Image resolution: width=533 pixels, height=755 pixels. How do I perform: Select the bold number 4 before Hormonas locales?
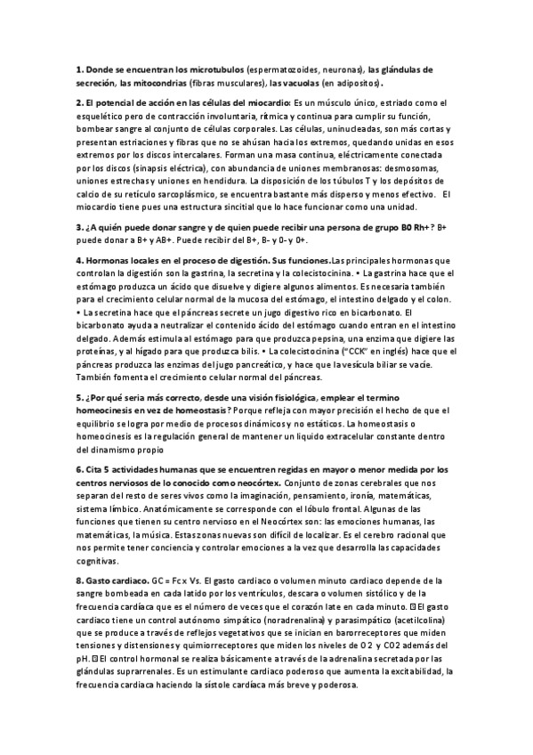pos(79,259)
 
